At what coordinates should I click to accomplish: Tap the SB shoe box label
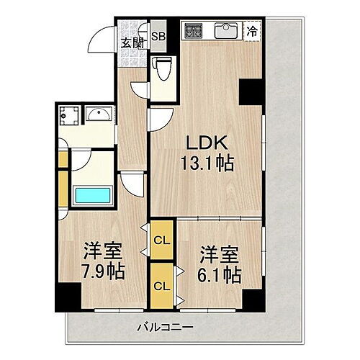coord(158,34)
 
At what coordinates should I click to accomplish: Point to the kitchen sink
coord(226,31)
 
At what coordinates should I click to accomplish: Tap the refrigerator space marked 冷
coord(253,30)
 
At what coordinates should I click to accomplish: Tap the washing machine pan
coord(71,114)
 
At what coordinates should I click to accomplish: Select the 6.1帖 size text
coord(219,274)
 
